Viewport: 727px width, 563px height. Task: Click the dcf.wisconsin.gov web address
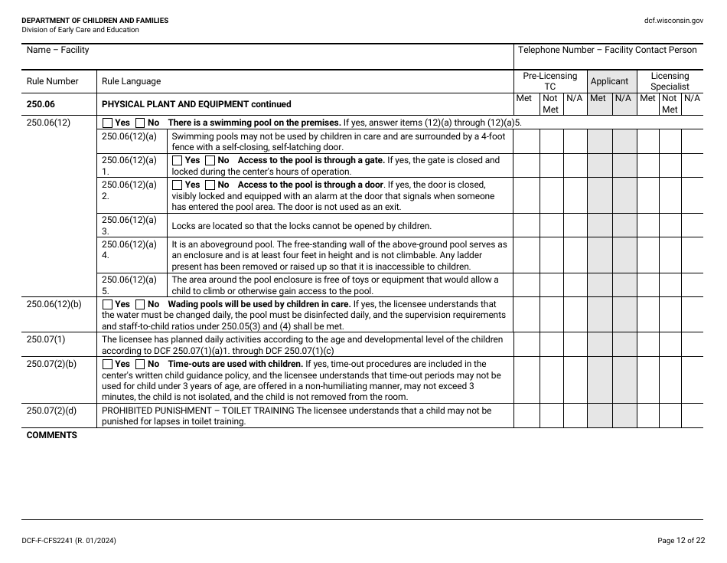(x=673, y=21)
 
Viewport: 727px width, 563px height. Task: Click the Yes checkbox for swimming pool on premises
(x=107, y=123)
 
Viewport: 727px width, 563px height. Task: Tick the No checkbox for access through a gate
(x=210, y=161)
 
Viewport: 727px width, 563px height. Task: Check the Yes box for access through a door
(x=178, y=185)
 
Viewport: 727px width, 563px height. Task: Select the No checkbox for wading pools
(x=140, y=304)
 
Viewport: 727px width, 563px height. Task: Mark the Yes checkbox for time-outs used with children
(x=107, y=365)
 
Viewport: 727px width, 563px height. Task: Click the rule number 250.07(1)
(x=46, y=339)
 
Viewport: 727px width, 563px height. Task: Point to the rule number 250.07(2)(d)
(x=51, y=411)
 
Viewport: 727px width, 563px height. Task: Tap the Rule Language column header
(x=131, y=82)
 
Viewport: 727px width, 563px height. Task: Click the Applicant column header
(x=610, y=81)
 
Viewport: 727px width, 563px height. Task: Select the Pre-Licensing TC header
(x=549, y=81)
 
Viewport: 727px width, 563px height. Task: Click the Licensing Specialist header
(x=670, y=81)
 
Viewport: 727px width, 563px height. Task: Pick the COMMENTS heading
(x=52, y=436)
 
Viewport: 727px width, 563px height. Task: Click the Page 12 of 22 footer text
(x=681, y=542)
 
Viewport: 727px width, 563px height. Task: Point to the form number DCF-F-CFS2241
(x=69, y=542)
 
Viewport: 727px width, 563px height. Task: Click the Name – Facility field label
(x=57, y=51)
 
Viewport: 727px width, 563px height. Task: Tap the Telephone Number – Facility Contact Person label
(x=608, y=51)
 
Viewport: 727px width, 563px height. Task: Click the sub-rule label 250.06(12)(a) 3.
(x=129, y=225)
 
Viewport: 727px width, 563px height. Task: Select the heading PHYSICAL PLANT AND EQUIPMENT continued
(x=196, y=104)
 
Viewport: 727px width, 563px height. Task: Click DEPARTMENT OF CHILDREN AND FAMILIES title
(x=95, y=21)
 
